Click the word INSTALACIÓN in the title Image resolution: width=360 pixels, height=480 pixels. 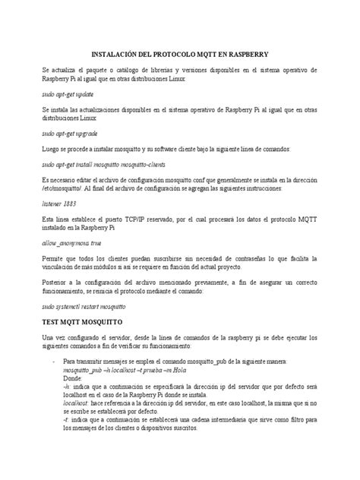pos(115,55)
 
